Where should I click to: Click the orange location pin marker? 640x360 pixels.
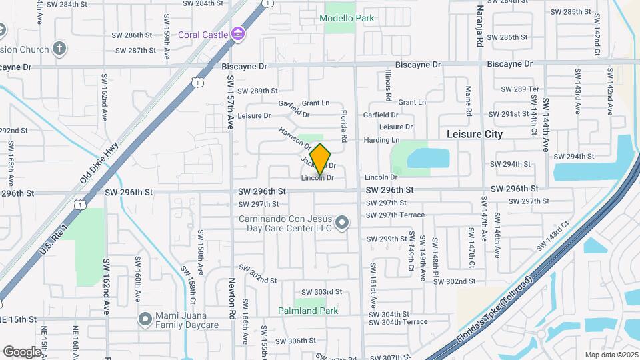click(321, 159)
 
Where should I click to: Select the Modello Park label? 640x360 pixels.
click(347, 19)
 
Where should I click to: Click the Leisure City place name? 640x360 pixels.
click(474, 134)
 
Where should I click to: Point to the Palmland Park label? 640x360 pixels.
click(308, 311)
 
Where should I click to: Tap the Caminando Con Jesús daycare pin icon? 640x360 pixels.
click(342, 222)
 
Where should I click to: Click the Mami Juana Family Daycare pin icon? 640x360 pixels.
click(145, 319)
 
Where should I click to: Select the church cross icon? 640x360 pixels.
click(59, 48)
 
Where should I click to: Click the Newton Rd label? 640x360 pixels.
click(233, 299)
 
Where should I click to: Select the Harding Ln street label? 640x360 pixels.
click(381, 140)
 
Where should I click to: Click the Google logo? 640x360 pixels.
click(22, 351)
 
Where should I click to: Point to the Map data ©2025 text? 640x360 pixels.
click(612, 355)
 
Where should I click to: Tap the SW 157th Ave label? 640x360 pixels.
click(231, 102)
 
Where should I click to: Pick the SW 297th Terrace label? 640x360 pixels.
click(395, 215)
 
